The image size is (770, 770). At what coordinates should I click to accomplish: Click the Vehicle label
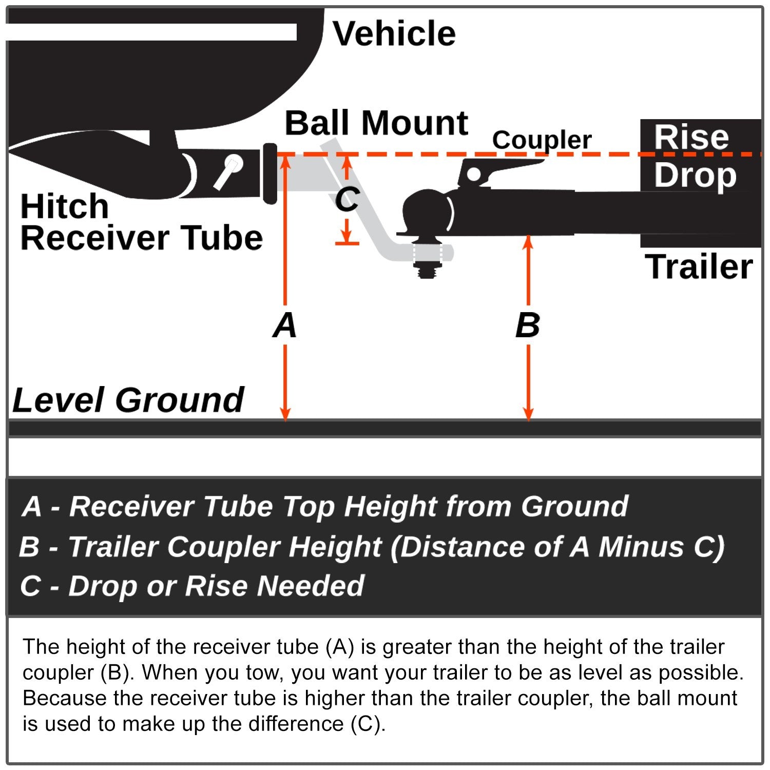point(394,34)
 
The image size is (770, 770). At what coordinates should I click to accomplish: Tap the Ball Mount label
point(376,124)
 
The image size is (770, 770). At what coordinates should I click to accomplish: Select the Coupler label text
point(542,140)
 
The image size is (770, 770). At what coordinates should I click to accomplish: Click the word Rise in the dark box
point(691,137)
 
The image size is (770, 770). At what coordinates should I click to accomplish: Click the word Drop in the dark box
point(695,176)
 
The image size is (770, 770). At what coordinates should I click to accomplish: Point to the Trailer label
point(699,267)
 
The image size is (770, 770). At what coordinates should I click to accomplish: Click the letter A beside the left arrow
point(285,325)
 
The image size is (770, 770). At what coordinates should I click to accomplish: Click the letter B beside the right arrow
point(528,325)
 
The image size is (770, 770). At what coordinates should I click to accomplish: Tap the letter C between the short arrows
point(347,199)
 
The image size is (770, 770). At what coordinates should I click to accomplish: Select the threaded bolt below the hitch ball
point(427,270)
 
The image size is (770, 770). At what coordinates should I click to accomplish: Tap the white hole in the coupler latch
point(473,175)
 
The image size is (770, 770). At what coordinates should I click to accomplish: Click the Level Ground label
point(128,400)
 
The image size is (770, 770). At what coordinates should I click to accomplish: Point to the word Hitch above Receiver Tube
point(65,206)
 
